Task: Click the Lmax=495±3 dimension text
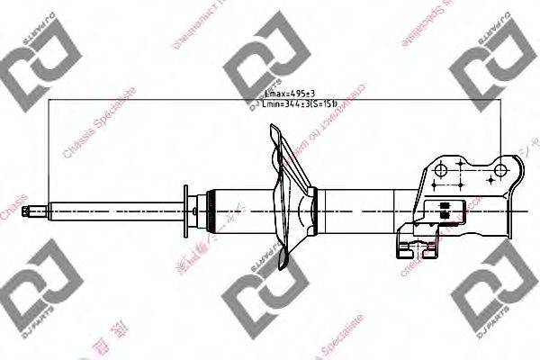tap(290, 93)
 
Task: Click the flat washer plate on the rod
tap(186, 211)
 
